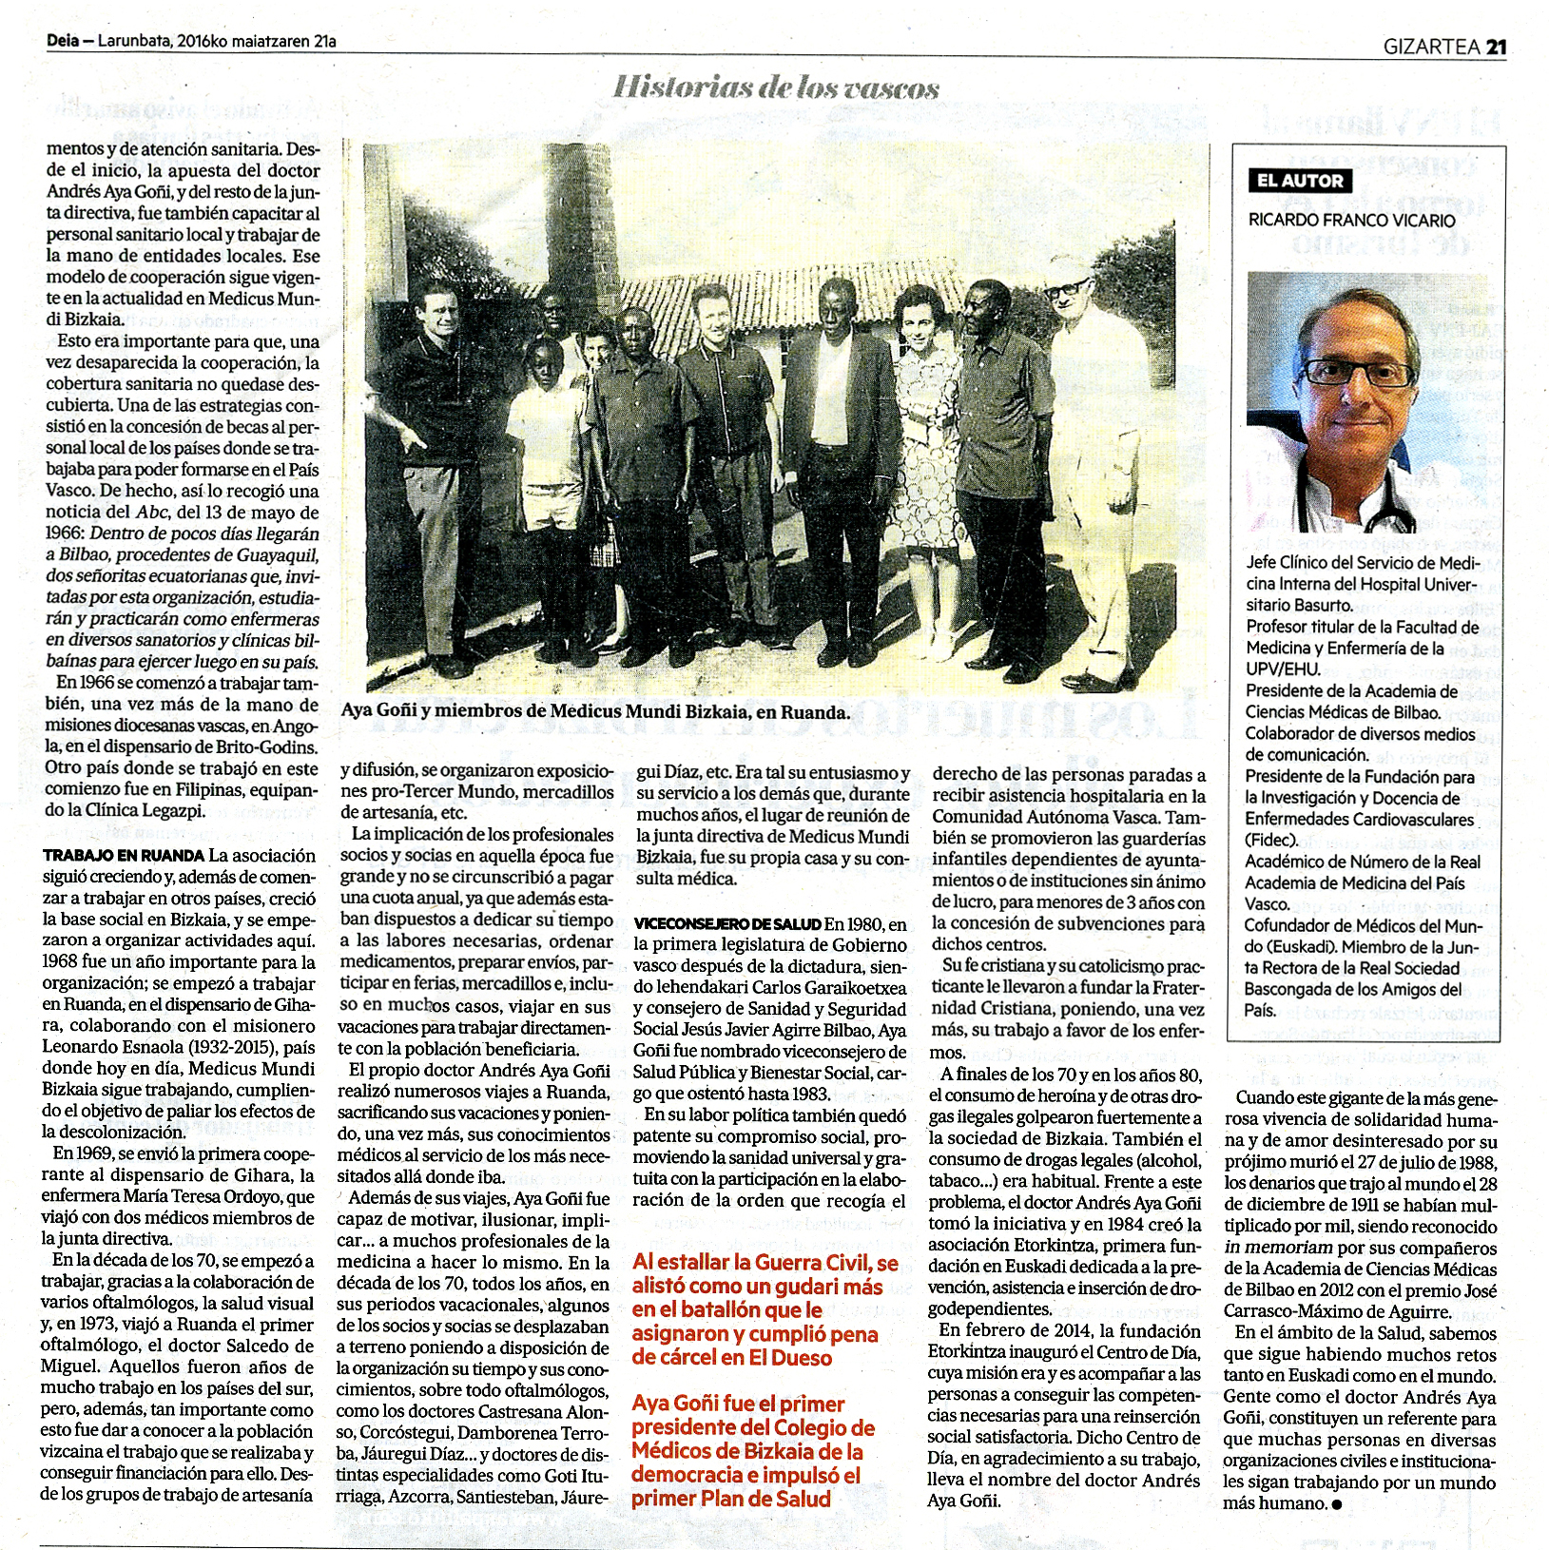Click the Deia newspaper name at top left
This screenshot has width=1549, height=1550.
[62, 41]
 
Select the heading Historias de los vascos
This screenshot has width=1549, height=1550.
[776, 87]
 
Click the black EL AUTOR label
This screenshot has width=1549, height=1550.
[1300, 181]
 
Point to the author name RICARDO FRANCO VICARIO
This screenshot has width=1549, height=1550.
[1351, 220]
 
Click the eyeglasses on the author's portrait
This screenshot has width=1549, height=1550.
[1360, 371]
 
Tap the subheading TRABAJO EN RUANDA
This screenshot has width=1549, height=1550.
[124, 856]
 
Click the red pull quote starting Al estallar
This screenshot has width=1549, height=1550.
[765, 1309]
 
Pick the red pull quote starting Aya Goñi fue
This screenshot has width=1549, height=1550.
[753, 1450]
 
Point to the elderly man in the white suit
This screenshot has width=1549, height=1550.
[1094, 456]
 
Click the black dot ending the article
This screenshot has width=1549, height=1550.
[1338, 1504]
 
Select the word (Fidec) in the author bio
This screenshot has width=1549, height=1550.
[1271, 840]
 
